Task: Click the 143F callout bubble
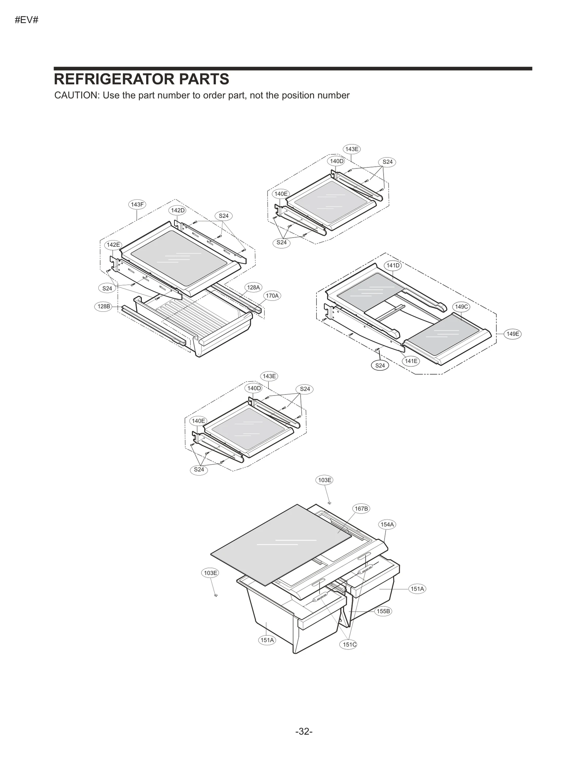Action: coord(137,204)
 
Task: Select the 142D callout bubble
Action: coord(178,210)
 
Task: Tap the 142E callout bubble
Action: coord(113,245)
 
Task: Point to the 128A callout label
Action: coord(253,287)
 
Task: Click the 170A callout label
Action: coord(272,295)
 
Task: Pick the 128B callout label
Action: coord(103,306)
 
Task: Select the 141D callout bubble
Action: coord(393,265)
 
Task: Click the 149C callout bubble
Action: coord(461,306)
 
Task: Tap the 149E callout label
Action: coord(512,333)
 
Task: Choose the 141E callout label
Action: coord(411,361)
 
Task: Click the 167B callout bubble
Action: coord(361,508)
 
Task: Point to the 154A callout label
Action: coord(387,524)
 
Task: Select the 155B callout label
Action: coord(383,611)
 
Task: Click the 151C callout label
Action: coord(349,644)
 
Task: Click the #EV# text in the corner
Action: coord(26,20)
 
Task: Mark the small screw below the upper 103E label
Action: coord(329,503)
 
